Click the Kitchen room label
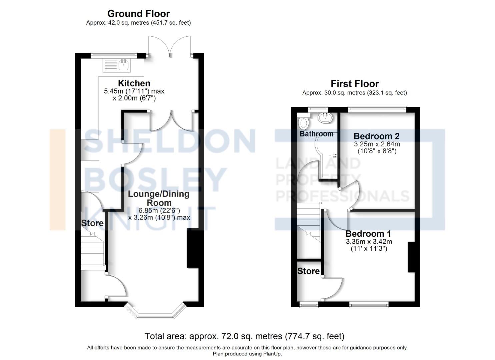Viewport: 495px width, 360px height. (x=134, y=83)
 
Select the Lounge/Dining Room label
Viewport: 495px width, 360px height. (x=159, y=198)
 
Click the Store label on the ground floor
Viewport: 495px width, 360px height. (x=92, y=223)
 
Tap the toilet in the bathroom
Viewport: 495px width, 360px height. (x=304, y=122)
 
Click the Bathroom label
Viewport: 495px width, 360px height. (x=316, y=134)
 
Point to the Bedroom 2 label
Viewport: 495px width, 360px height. (x=376, y=136)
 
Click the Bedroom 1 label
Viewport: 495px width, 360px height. (x=368, y=234)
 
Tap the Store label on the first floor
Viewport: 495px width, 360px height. (x=308, y=271)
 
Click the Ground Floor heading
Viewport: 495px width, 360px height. (x=138, y=14)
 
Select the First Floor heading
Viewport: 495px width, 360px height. (x=355, y=84)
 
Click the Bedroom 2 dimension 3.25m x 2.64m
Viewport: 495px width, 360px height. (x=377, y=144)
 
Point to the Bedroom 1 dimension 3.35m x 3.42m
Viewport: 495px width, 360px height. (x=369, y=242)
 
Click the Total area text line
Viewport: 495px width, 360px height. (x=244, y=336)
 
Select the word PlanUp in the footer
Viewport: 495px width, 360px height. (x=273, y=354)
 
